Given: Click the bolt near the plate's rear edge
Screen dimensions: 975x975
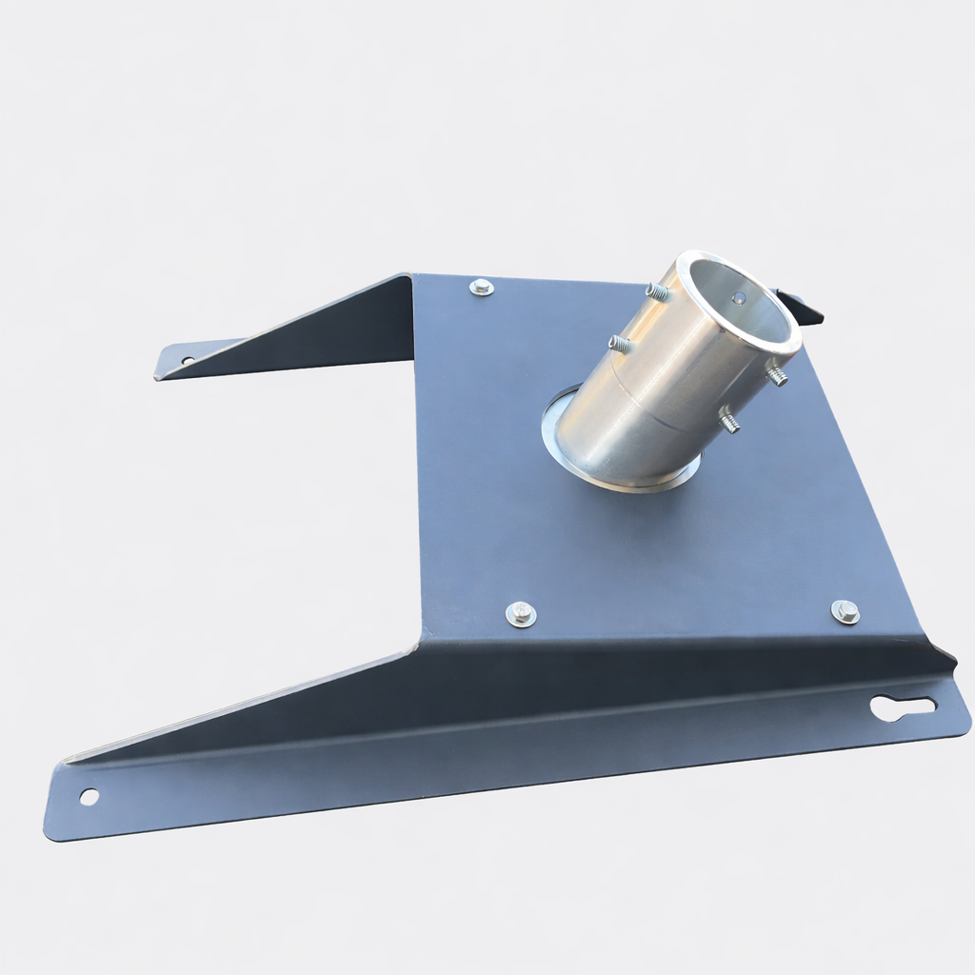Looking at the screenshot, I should [482, 286].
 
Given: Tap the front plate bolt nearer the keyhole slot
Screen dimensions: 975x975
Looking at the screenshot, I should [845, 611].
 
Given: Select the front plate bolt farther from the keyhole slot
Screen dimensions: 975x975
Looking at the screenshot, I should [520, 613].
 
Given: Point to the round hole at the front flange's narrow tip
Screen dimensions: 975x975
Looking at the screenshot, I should [89, 796].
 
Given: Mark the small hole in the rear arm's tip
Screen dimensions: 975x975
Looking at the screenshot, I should [188, 360].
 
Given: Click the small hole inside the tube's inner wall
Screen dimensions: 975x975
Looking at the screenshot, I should [739, 298].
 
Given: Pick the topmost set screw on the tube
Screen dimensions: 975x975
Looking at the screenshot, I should [658, 291].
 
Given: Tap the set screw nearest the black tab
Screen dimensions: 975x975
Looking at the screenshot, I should [778, 375].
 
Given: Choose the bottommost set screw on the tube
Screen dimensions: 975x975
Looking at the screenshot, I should [729, 419].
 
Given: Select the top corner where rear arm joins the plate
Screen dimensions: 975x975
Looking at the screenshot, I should [412, 276].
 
